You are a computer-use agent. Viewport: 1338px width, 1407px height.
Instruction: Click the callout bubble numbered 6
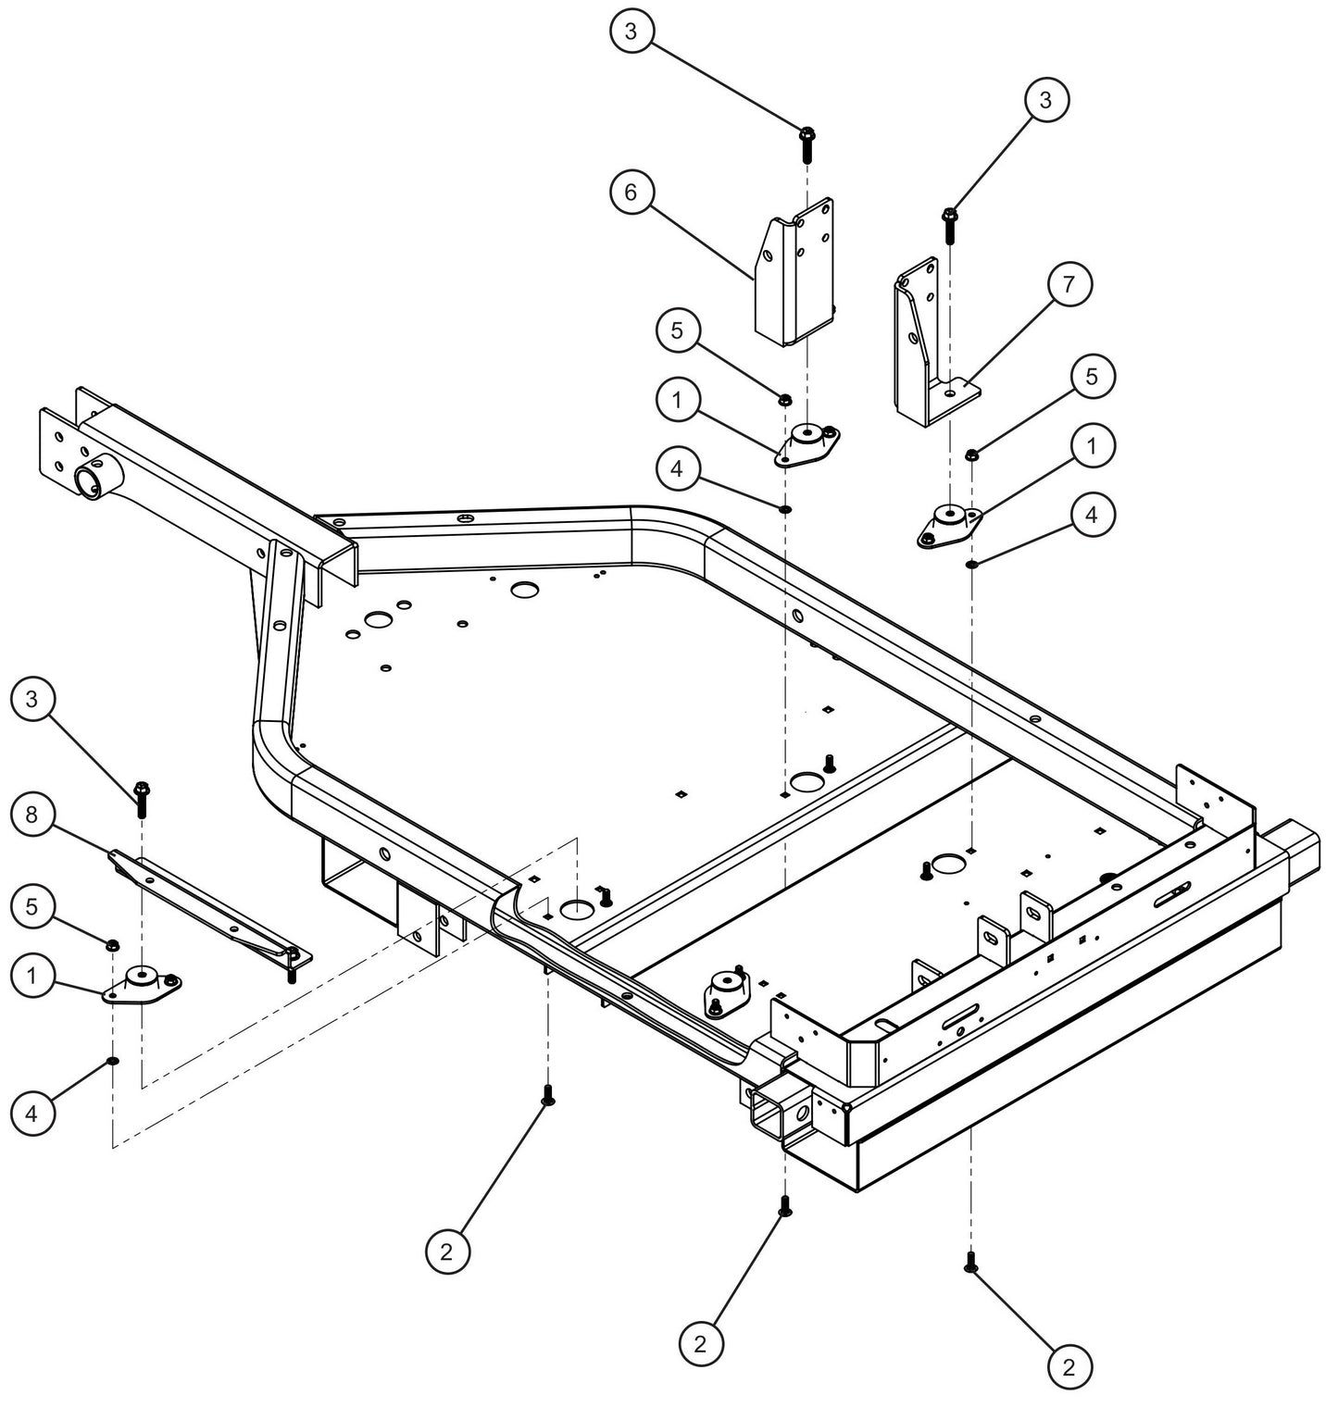click(631, 193)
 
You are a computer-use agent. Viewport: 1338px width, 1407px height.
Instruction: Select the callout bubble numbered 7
click(1069, 284)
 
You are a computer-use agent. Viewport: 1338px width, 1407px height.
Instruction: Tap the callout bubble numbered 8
click(32, 815)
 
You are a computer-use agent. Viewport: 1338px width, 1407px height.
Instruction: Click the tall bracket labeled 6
click(794, 278)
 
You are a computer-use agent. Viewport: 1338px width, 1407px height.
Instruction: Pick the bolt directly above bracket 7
click(949, 222)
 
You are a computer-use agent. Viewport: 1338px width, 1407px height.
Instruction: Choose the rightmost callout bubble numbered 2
click(1069, 1365)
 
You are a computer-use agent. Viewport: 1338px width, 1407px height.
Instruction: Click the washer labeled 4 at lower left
click(112, 1061)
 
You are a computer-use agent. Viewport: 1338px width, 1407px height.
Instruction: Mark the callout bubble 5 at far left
click(32, 907)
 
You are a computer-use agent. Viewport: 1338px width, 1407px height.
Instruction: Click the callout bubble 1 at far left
click(32, 977)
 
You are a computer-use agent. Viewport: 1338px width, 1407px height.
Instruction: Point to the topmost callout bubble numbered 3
click(631, 31)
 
